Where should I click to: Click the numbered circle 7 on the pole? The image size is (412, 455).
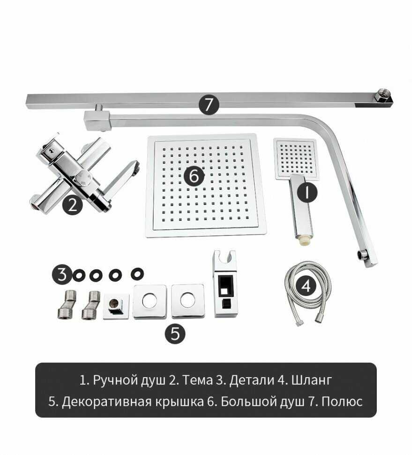point(209,105)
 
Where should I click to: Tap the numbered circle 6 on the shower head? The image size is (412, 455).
point(194,175)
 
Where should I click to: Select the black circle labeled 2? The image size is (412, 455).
point(73,205)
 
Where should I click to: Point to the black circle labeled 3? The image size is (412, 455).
point(62,274)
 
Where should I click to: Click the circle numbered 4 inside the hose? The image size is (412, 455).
point(306,286)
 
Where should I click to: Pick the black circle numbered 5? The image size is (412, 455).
point(175,334)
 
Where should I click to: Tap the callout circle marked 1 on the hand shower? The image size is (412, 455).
point(307,192)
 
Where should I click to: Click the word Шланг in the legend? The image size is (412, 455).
point(311,380)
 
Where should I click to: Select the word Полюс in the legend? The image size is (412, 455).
point(342,402)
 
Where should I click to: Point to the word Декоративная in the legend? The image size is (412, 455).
point(106,402)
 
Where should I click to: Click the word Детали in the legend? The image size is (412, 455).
point(251,380)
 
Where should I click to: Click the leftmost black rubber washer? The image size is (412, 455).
point(79,275)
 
